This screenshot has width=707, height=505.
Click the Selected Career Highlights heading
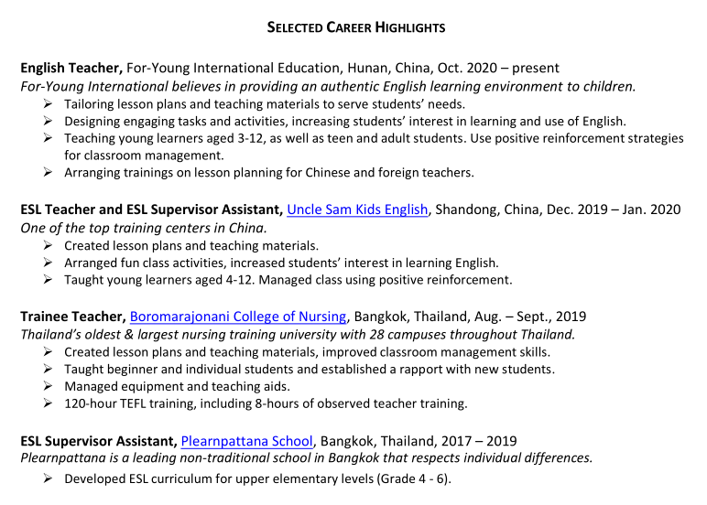(355, 27)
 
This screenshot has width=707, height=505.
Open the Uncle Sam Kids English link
(357, 210)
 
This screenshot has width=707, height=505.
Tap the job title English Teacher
(71, 69)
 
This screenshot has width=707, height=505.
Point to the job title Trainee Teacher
(72, 317)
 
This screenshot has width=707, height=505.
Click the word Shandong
(462, 210)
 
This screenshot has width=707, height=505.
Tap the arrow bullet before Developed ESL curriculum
(49, 478)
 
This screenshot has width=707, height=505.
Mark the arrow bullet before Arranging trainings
(49, 172)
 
